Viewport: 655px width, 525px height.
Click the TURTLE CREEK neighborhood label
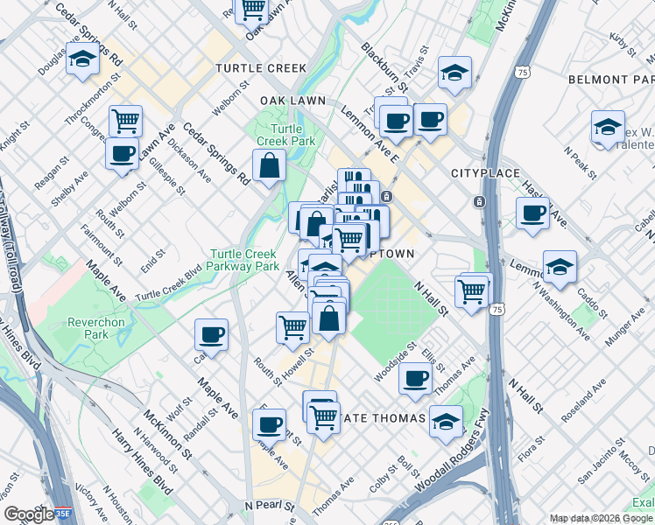261,68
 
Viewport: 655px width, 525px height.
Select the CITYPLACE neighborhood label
486,174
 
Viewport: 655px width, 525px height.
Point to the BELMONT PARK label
611,79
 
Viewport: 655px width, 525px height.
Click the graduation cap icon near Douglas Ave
82,60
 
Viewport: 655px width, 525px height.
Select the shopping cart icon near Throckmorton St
126,121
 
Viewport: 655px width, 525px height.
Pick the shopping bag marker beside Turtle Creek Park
270,164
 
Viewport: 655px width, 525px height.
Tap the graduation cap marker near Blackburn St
454,73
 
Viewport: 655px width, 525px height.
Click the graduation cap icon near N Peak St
608,128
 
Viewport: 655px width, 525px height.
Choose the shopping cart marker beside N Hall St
473,290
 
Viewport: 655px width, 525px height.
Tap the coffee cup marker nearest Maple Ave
211,334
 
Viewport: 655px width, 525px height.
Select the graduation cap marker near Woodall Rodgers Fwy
447,421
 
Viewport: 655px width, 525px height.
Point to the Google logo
29,514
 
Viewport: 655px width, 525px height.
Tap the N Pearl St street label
267,506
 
